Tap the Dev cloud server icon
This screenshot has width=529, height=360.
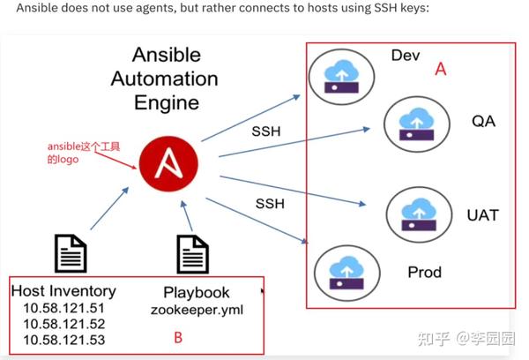(339, 74)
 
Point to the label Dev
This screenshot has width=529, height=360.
(406, 56)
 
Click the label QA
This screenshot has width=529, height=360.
(483, 121)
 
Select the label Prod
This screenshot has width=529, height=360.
(424, 273)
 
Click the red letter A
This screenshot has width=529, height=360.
(442, 71)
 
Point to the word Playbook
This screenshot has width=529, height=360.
(197, 292)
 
